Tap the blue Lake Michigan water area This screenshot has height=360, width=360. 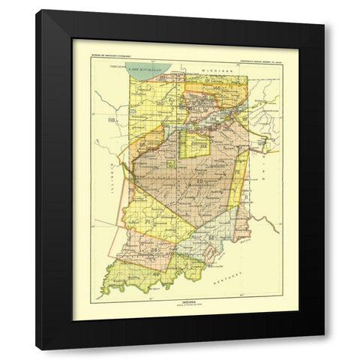(157, 73)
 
